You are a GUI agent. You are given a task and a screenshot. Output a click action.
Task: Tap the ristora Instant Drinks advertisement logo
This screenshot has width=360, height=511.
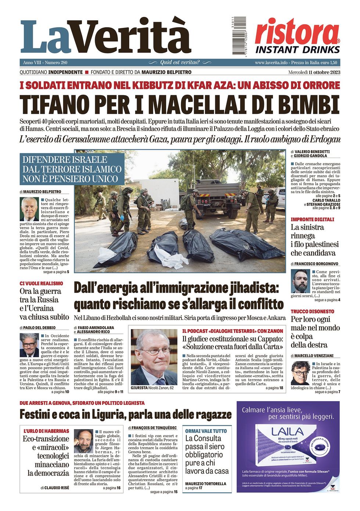coord(297,37)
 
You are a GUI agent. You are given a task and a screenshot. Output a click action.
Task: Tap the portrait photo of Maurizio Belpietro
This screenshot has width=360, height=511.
coord(30,209)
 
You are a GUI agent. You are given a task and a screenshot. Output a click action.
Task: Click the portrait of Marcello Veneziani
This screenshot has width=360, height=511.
coord(300,373)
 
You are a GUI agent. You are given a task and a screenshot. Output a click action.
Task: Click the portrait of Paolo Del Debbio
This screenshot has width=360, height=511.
coord(29,345)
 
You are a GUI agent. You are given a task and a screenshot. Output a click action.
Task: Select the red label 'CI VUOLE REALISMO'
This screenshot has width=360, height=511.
coord(42,284)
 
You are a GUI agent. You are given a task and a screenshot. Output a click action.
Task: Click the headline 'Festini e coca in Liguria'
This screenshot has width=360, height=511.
coord(126,414)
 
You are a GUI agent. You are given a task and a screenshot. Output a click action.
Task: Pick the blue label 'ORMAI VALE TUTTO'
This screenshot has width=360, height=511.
coord(206,431)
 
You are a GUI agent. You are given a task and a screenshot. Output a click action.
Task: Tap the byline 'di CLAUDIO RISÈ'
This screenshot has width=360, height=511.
coord(55,488)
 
